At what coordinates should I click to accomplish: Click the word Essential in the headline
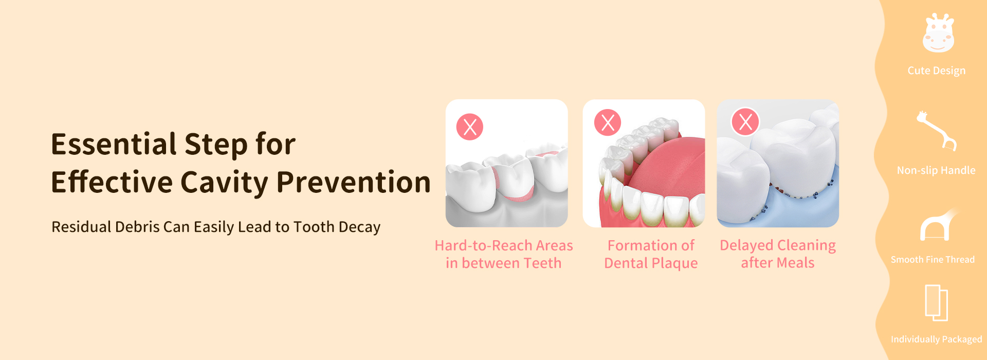(x=114, y=144)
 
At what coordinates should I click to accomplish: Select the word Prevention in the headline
(x=354, y=182)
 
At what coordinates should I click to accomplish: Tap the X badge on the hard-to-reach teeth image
(x=470, y=127)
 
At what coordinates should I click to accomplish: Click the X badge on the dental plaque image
(x=608, y=122)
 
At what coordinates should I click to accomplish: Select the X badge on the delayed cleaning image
(x=745, y=122)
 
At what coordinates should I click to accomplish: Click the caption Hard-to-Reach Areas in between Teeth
(x=504, y=254)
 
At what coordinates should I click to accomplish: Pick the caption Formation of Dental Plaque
(x=651, y=254)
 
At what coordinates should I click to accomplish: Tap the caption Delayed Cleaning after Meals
(x=778, y=254)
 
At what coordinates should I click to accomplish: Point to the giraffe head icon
(x=938, y=33)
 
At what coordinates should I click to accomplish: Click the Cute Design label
(x=937, y=70)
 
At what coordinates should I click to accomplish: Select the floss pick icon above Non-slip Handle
(x=937, y=131)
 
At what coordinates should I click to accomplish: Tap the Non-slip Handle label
(x=936, y=170)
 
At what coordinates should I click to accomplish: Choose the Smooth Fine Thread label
(x=933, y=260)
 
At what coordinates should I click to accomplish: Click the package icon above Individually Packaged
(x=936, y=303)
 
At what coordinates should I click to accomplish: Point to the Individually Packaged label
(x=936, y=339)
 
